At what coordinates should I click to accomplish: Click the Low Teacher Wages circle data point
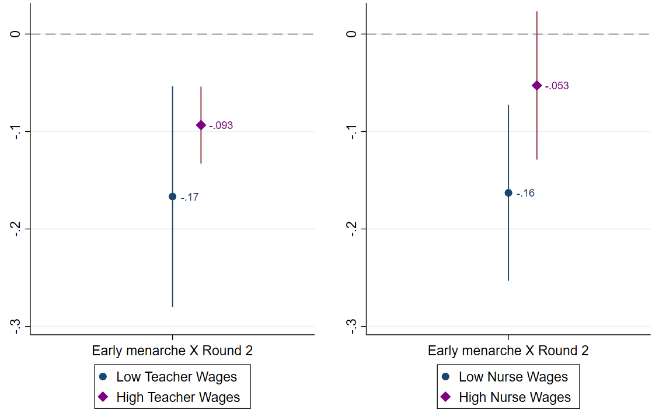(x=172, y=197)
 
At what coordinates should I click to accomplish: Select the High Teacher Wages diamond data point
(x=201, y=125)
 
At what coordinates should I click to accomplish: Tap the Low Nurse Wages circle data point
(x=508, y=193)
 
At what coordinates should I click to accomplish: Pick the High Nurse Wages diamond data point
(x=537, y=86)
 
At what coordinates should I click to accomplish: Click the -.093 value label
(x=221, y=125)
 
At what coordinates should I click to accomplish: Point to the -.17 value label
(x=190, y=197)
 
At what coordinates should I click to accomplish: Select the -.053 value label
(x=557, y=86)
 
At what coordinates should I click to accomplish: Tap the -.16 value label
(x=525, y=193)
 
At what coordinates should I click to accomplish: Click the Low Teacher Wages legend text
(x=177, y=377)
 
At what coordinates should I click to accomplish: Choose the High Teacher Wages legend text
(x=178, y=397)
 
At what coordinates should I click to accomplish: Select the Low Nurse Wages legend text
(x=514, y=377)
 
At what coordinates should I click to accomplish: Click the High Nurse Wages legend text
(x=515, y=397)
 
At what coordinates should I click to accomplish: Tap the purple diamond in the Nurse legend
(x=446, y=397)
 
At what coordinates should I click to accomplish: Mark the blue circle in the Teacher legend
(x=103, y=377)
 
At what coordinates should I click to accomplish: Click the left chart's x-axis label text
(x=172, y=351)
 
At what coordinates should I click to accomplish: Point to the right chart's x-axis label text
(x=508, y=351)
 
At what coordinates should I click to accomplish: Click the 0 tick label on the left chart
(x=15, y=34)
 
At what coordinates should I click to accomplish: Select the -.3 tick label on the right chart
(x=351, y=326)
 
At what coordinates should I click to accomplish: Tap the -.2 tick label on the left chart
(x=15, y=229)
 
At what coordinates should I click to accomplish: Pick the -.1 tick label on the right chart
(x=351, y=131)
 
